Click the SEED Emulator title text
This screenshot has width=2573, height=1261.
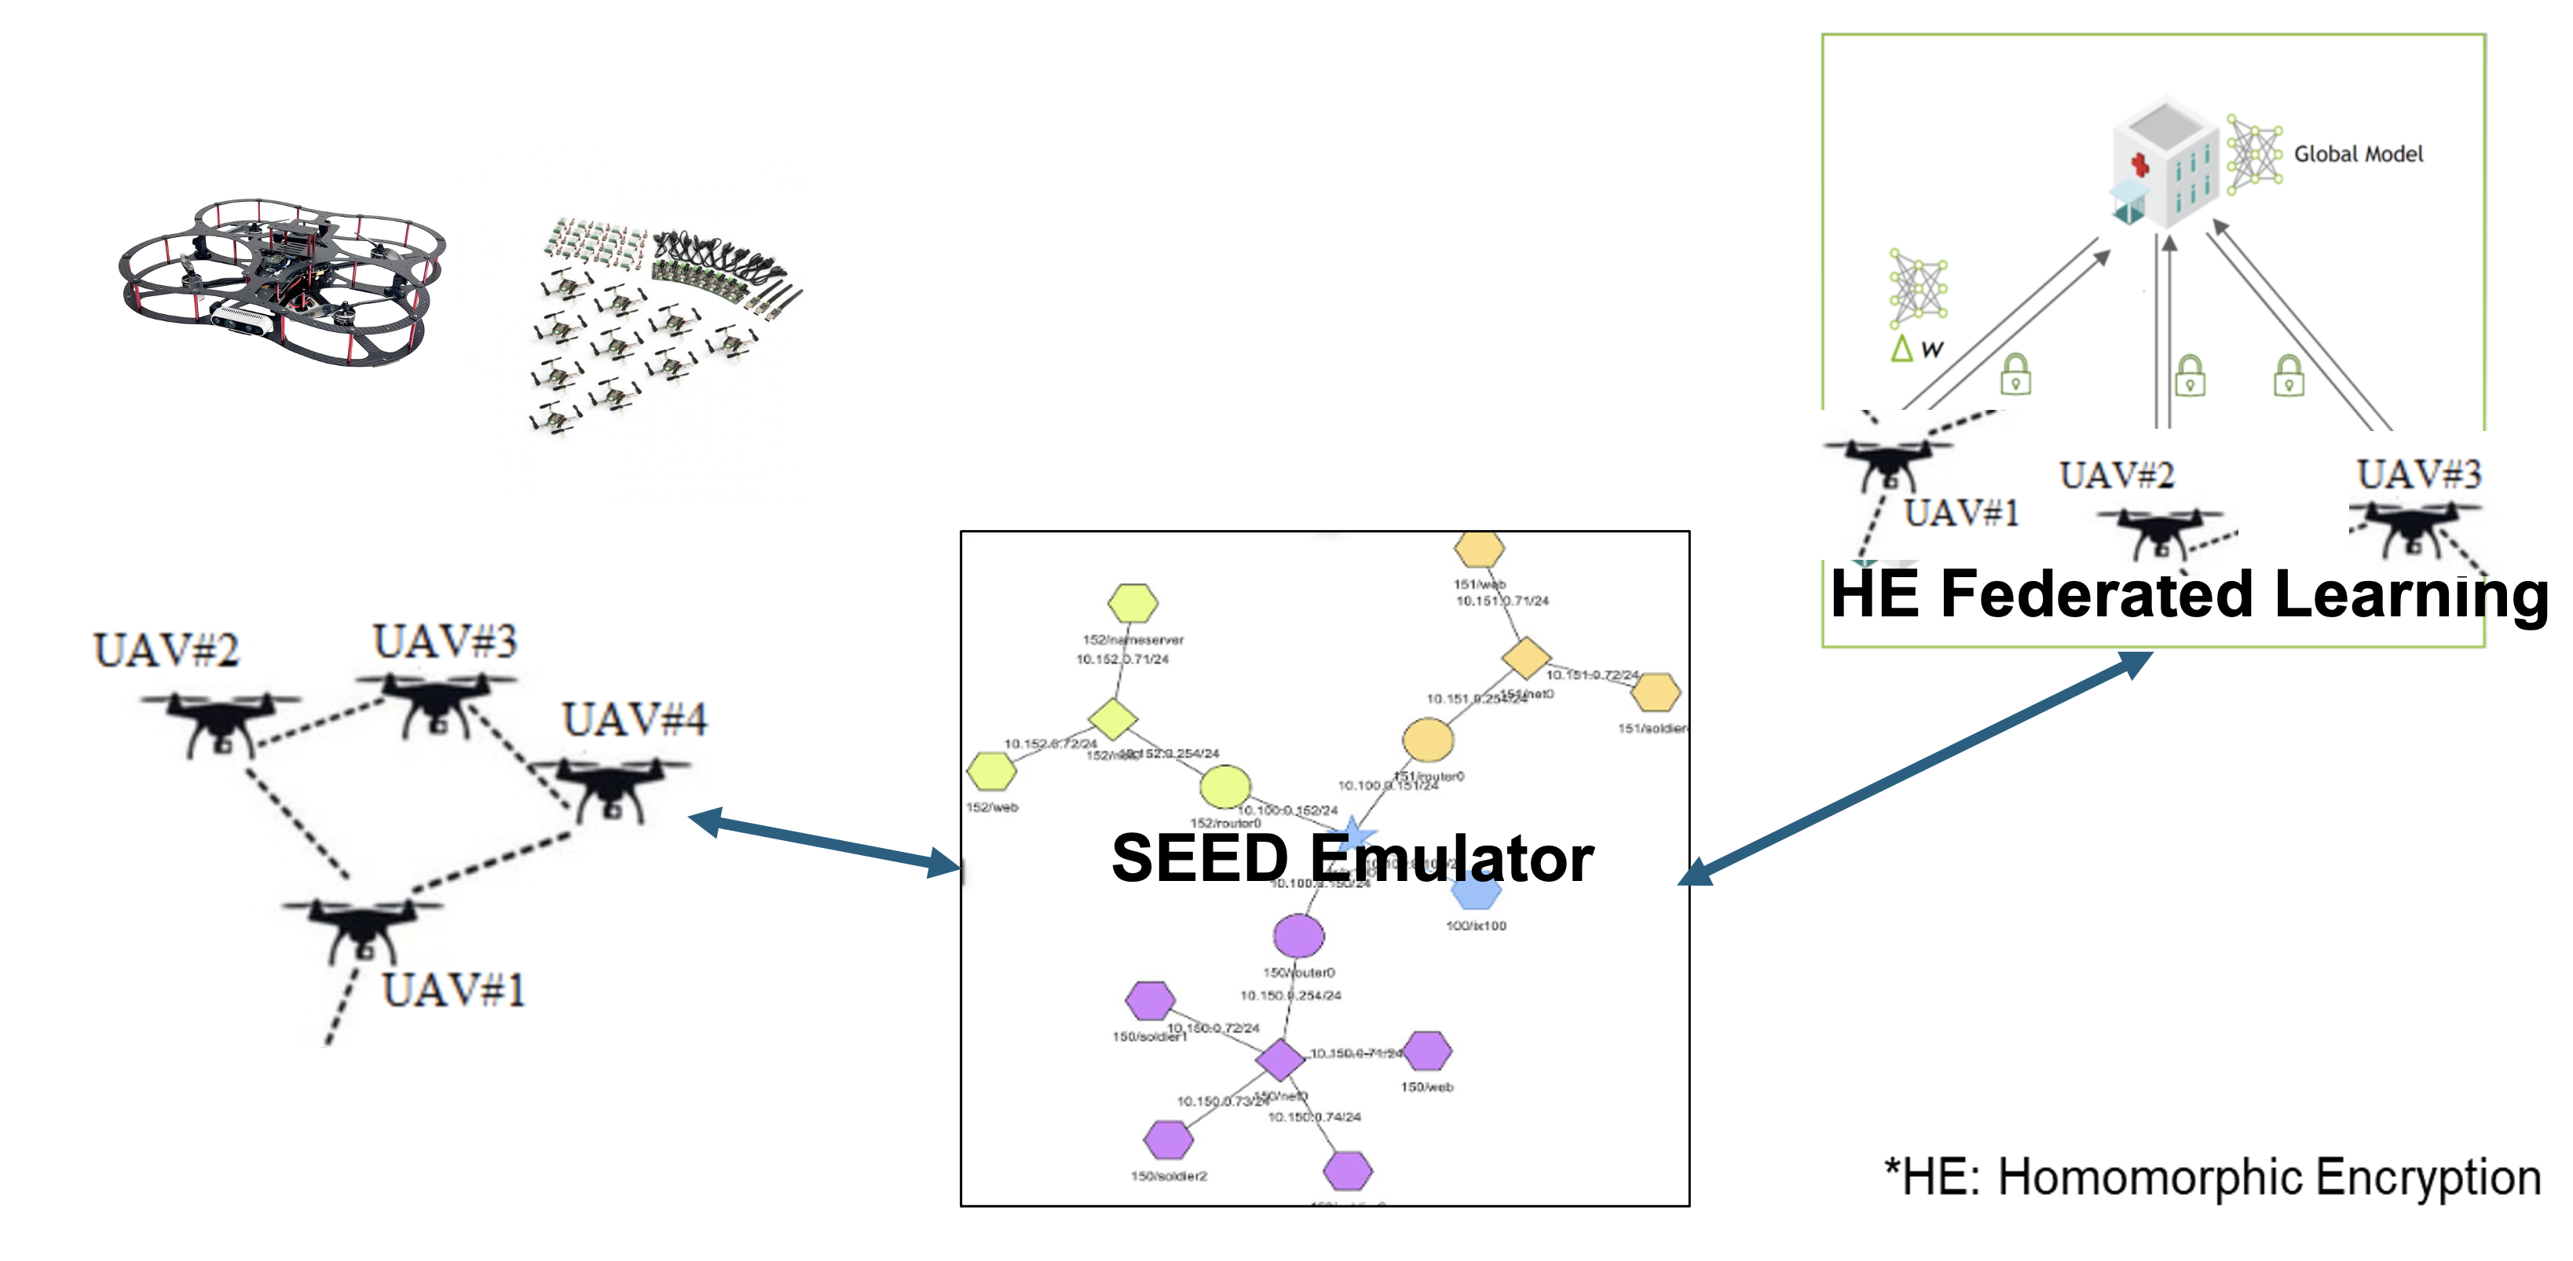point(1352,859)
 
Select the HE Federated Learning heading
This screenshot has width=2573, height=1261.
point(2187,594)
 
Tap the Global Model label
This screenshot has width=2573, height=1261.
point(2357,154)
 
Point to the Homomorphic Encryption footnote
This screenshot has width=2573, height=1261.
point(2212,1177)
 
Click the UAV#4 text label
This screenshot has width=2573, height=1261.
point(635,720)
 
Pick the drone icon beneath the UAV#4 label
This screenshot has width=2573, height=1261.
point(609,787)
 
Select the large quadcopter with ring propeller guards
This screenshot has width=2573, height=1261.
point(282,282)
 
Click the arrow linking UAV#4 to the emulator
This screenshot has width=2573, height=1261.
point(824,842)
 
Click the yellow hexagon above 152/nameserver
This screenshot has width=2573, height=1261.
point(1133,603)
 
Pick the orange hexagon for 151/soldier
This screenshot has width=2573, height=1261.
point(1655,693)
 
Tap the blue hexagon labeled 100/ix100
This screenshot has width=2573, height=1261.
point(1475,892)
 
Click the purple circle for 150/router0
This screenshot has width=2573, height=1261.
point(1298,935)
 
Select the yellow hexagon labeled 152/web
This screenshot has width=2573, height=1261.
point(991,771)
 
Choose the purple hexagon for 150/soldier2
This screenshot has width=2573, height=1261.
point(1168,1139)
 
